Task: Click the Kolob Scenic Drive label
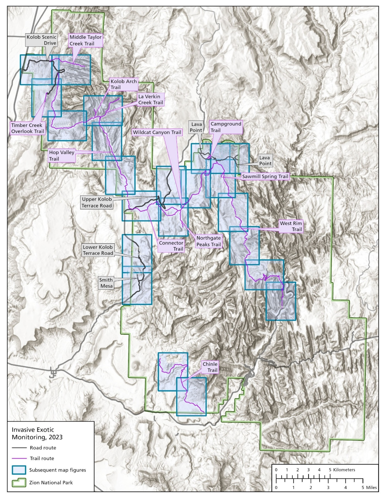(41, 40)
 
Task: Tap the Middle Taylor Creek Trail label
(85, 40)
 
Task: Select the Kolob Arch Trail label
(123, 84)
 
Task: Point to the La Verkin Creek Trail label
(151, 99)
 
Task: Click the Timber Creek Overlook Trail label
(27, 128)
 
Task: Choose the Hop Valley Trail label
(61, 155)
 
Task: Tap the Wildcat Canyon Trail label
(157, 132)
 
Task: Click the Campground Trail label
(226, 127)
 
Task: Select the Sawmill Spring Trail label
(265, 176)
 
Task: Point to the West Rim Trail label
(291, 226)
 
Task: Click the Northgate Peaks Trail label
(208, 241)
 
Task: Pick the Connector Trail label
(171, 246)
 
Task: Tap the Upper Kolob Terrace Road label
(97, 202)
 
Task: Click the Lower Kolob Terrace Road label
(98, 250)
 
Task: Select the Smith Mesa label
(106, 283)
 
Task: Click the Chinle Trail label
(210, 367)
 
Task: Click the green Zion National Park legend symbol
(19, 482)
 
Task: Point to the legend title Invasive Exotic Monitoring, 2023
(37, 433)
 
